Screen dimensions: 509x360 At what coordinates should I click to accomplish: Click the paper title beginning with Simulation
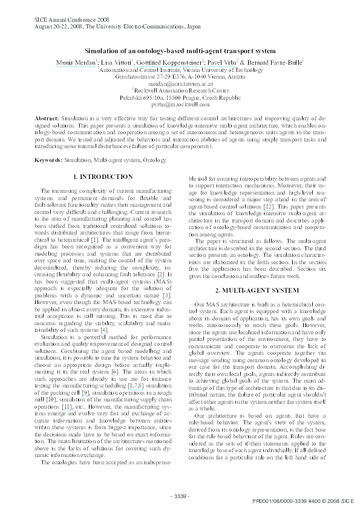click(x=180, y=51)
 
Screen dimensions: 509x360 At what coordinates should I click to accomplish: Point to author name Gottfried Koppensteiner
click(x=170, y=62)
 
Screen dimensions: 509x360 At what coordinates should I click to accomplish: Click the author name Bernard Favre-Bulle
click(x=277, y=62)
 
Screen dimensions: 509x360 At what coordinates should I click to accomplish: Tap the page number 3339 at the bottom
click(x=180, y=496)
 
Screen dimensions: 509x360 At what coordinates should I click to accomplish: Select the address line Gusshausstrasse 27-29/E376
click(x=180, y=77)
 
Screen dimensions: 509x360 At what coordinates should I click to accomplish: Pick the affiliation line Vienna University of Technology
click(x=181, y=70)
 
